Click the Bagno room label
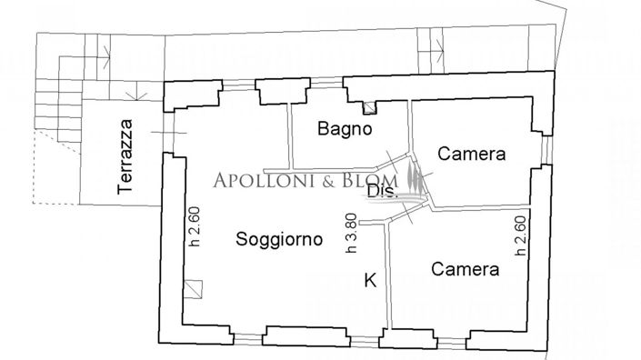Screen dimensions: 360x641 [346, 129]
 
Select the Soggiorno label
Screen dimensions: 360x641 [279, 240]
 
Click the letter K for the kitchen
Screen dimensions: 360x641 [370, 280]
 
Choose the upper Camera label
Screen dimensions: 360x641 [471, 155]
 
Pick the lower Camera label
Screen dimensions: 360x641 [465, 269]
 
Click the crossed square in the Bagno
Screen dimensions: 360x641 [367, 107]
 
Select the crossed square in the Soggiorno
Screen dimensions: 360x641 [193, 291]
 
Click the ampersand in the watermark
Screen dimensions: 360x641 [326, 181]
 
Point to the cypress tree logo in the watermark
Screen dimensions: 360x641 [416, 178]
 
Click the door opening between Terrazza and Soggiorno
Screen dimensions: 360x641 [165, 135]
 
